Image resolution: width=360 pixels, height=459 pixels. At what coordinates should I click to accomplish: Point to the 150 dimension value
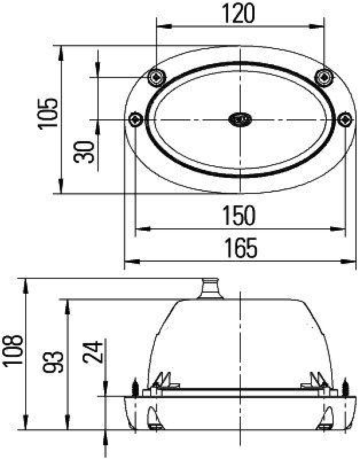click(x=240, y=216)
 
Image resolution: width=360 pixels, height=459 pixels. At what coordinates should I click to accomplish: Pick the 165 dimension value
click(x=240, y=248)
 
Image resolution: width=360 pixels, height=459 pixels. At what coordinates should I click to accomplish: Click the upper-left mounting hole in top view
click(x=156, y=76)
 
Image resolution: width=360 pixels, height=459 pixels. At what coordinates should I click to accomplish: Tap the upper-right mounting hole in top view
click(x=324, y=76)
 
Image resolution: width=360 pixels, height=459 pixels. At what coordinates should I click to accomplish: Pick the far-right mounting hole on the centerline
click(x=345, y=119)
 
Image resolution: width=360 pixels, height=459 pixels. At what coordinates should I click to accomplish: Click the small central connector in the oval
click(x=240, y=119)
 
